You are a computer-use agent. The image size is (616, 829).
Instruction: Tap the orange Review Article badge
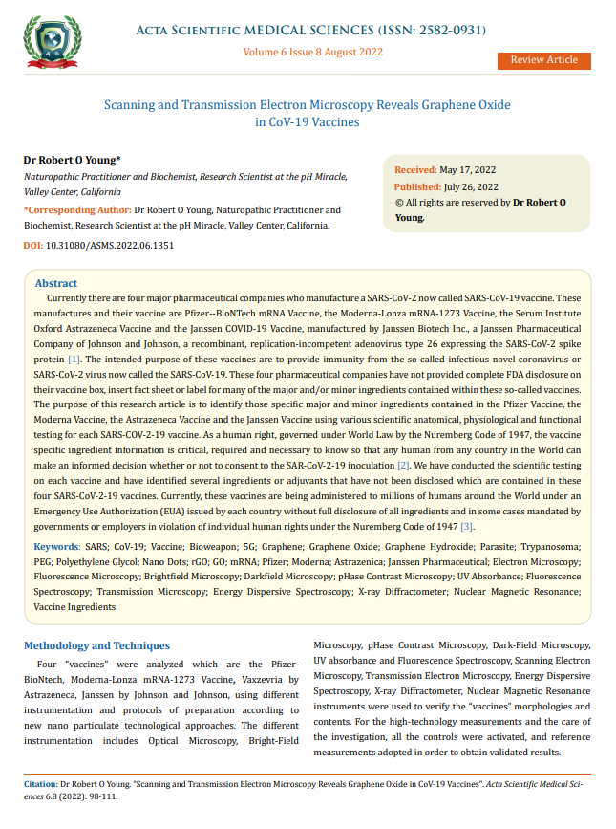pos(543,60)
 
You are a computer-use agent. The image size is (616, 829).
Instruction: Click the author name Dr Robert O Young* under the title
pos(72,160)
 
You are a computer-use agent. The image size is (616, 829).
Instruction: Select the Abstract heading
pos(56,284)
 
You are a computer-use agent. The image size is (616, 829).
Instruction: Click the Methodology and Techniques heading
pos(96,645)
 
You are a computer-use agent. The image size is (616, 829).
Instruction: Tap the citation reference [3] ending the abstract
pos(466,527)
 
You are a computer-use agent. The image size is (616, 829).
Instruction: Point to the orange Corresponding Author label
pos(77,209)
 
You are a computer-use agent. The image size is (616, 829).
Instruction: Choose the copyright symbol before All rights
pos(399,203)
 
